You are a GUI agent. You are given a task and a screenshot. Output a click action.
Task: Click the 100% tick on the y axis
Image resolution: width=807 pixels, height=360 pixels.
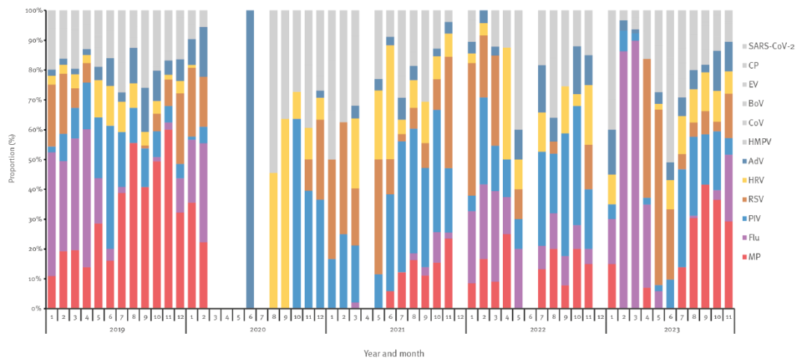tap(34, 11)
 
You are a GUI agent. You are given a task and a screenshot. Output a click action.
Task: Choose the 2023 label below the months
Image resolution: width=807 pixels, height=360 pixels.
tap(674, 329)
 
